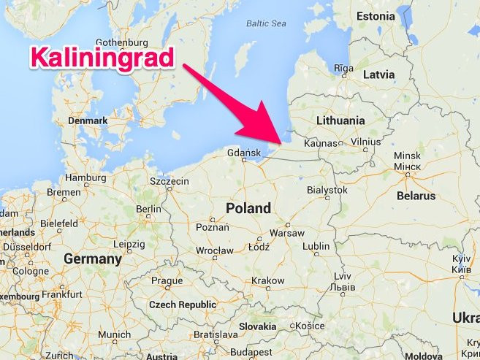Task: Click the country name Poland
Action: point(248,208)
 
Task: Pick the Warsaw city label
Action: point(287,232)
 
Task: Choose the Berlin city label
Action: point(148,209)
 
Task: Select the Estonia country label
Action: point(375,16)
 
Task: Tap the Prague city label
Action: point(167,280)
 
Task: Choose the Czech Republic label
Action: point(183,304)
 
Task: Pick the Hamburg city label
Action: point(85,177)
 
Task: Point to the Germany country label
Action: point(93,258)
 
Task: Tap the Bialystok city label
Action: point(327,189)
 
